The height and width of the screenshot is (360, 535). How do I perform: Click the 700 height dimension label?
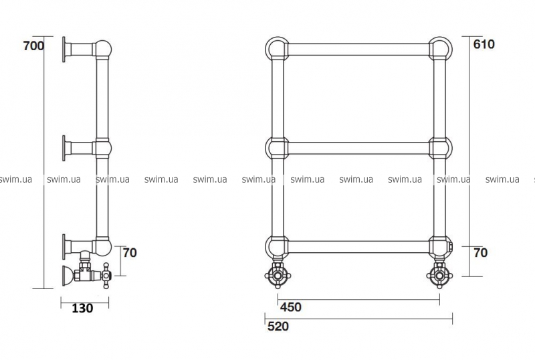(x=34, y=46)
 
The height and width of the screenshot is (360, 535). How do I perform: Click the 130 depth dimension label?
(x=82, y=308)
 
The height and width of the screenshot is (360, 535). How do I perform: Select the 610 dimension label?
(x=484, y=44)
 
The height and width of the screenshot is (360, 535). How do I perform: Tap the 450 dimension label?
(x=291, y=307)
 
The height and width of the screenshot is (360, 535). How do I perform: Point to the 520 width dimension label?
(x=278, y=327)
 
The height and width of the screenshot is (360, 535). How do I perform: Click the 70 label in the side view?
(x=130, y=253)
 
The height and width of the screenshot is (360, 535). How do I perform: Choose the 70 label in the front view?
(x=481, y=253)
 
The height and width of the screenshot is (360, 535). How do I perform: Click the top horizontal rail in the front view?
(x=358, y=50)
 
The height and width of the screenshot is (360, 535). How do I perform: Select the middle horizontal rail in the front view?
(x=358, y=149)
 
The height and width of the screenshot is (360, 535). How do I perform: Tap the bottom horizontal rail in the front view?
(x=358, y=247)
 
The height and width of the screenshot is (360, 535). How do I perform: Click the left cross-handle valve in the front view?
(x=278, y=274)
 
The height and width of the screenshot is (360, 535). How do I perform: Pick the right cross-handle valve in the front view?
(x=439, y=274)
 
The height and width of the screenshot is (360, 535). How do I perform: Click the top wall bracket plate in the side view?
(x=64, y=50)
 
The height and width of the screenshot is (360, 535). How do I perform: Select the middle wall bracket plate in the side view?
(x=64, y=149)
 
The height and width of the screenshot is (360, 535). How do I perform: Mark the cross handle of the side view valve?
(x=106, y=275)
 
